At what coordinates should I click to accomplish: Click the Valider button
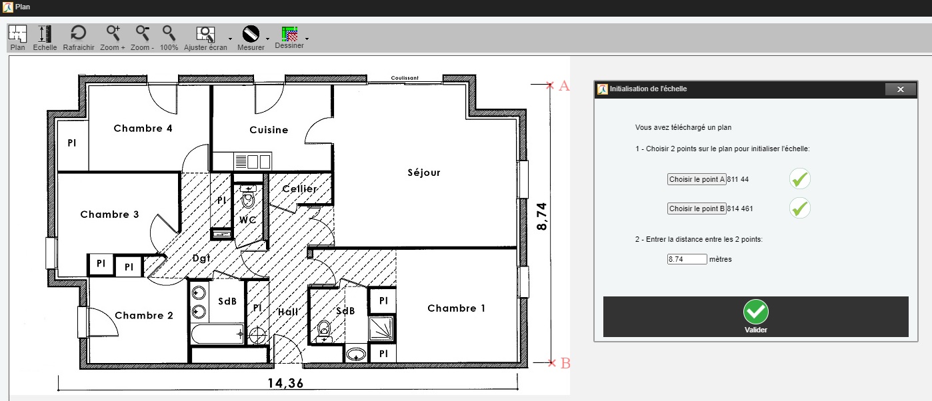755,316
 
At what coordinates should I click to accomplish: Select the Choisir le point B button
697,208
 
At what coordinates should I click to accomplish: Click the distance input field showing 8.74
687,259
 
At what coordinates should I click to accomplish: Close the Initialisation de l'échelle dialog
901,89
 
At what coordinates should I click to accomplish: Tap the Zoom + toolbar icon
113,37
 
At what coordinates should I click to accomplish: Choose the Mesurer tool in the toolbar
251,38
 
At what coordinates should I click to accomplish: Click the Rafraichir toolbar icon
79,37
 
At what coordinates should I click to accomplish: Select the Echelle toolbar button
45,37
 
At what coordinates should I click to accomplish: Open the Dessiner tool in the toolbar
289,37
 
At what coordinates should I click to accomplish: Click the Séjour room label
423,173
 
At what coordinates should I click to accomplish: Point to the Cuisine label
269,130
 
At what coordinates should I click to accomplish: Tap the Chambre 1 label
456,308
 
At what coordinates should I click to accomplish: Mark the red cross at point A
550,85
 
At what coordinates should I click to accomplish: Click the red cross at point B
552,363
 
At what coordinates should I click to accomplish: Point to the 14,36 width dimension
285,383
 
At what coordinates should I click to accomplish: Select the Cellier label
300,189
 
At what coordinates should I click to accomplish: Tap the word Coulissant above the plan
405,78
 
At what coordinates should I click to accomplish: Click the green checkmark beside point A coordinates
800,179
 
